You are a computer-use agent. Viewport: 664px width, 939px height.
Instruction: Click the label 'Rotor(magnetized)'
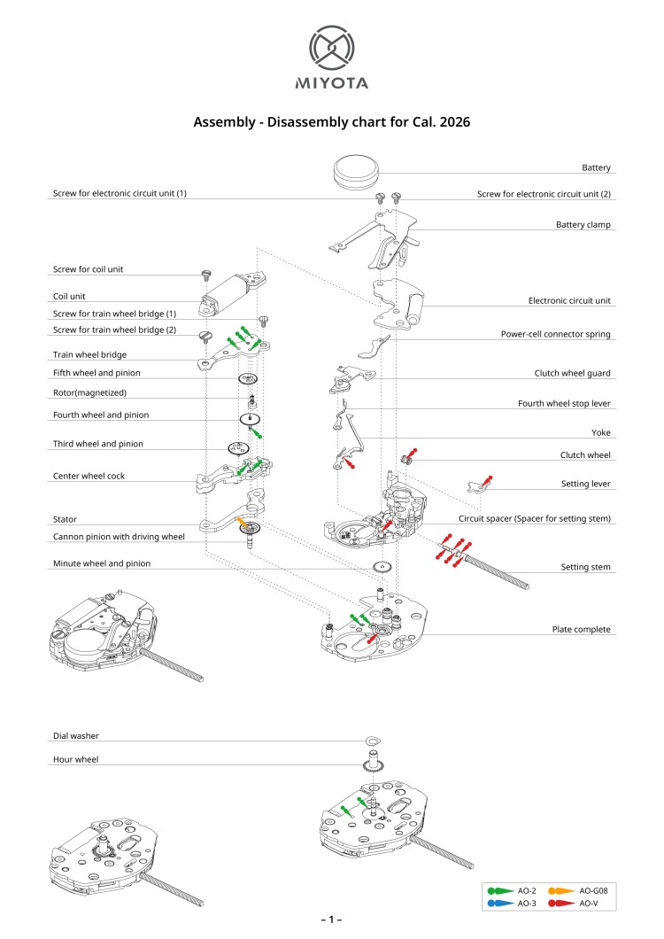[89, 392]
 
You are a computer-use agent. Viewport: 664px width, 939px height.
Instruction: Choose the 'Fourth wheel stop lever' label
[564, 403]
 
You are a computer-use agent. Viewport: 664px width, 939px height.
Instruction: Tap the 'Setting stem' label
[586, 566]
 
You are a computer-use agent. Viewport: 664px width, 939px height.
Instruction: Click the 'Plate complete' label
[581, 629]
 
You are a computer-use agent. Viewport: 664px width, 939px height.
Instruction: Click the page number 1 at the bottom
[331, 920]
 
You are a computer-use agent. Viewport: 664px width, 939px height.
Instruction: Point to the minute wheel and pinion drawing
[382, 567]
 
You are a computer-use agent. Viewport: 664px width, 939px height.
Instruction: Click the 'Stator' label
[65, 519]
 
